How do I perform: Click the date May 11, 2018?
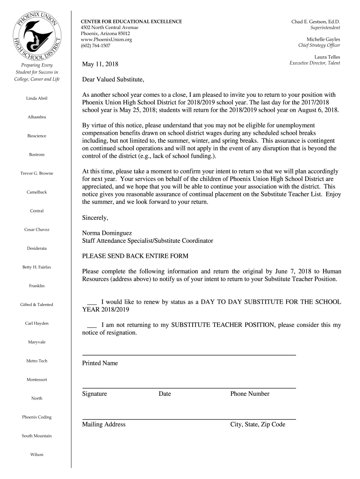point(100,64)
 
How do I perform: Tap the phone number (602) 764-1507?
point(96,46)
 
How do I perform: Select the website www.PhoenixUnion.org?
point(107,40)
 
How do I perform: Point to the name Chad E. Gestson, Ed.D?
point(316,22)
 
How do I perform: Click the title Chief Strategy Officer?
point(319,45)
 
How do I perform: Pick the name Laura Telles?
point(327,57)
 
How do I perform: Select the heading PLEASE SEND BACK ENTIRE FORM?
point(135,256)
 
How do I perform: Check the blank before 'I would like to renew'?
point(92,302)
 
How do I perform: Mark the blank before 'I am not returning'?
point(92,325)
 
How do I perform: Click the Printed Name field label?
point(100,363)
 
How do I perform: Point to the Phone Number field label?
point(250,394)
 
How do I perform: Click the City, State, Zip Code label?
point(258,425)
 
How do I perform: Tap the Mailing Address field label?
point(104,425)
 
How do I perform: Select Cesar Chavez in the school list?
point(37,230)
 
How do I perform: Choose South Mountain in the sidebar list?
point(37,436)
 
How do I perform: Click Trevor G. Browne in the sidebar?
point(37,174)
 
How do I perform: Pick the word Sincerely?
point(95,218)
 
